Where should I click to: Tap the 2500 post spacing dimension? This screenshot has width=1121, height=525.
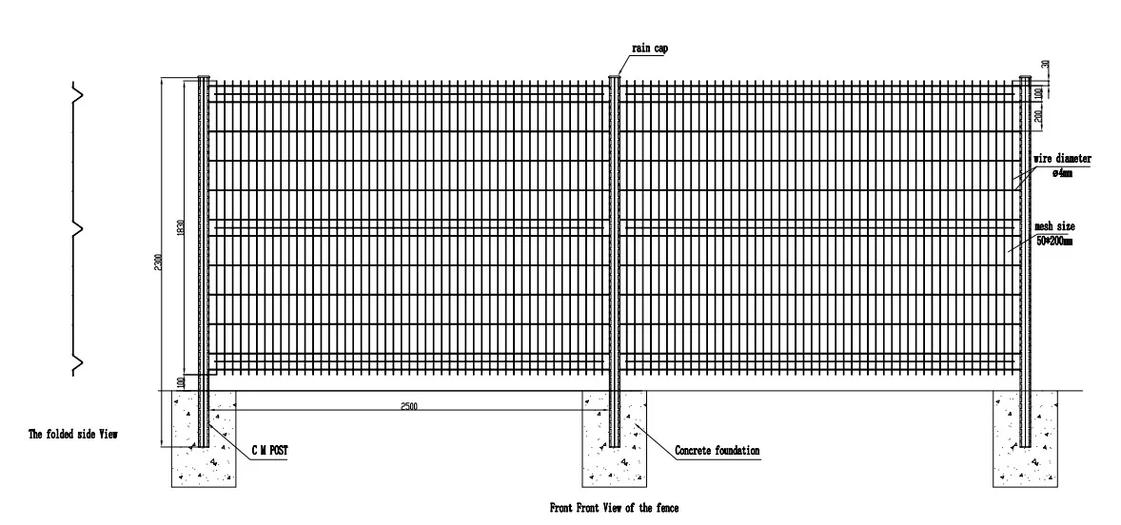(x=409, y=406)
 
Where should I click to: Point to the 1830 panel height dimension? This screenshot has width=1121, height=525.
(x=181, y=228)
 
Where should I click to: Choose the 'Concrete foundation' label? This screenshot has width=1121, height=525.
(x=717, y=450)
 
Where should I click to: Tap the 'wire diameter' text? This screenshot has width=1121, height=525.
(x=1062, y=159)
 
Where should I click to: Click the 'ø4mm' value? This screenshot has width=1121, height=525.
(x=1061, y=173)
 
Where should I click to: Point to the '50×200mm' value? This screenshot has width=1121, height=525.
(x=1054, y=242)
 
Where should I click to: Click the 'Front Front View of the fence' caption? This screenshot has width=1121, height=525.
(x=615, y=508)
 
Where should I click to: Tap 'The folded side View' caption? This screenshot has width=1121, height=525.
(x=79, y=434)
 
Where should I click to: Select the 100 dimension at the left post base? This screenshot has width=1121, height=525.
(x=181, y=381)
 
